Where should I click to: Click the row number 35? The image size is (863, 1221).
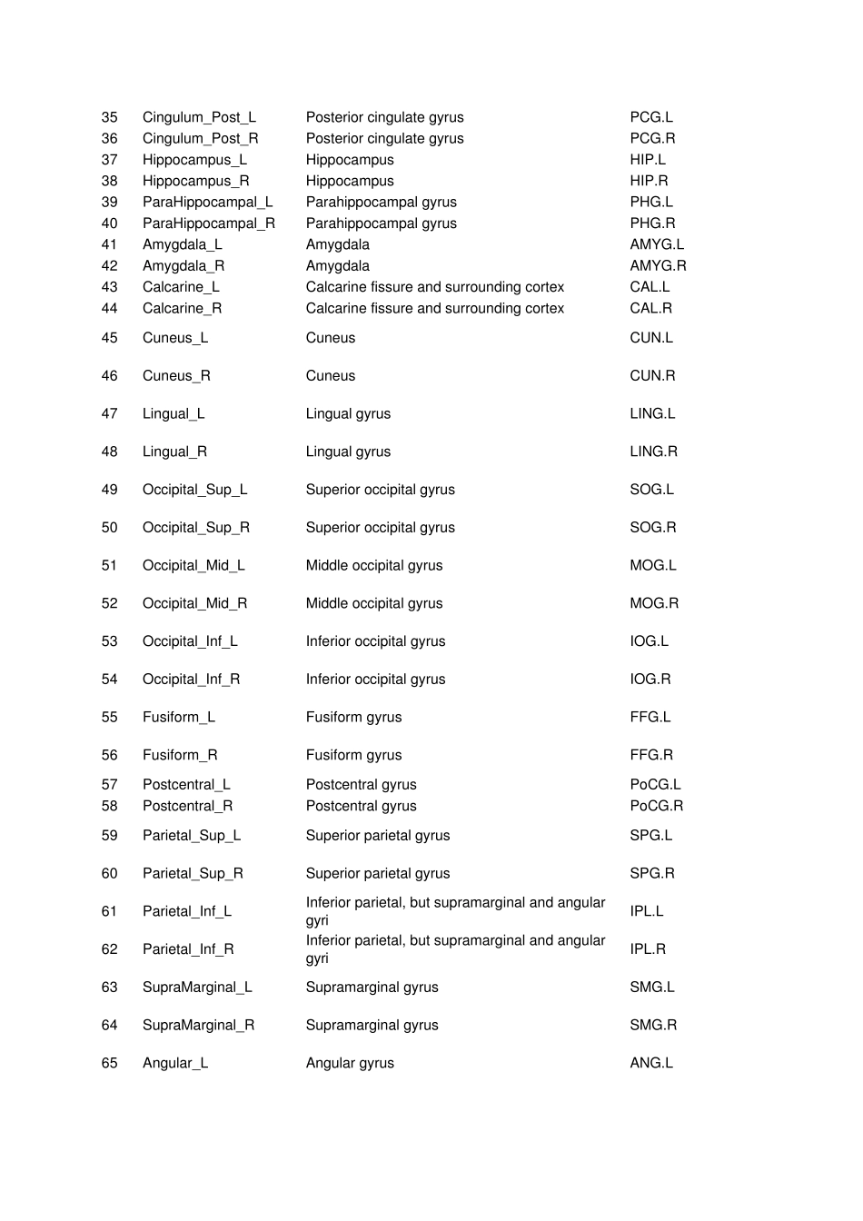pos(109,117)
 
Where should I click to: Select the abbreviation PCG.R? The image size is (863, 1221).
pos(652,138)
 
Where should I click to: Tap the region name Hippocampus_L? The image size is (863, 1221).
pos(194,160)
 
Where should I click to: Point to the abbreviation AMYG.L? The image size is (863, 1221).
pos(657,244)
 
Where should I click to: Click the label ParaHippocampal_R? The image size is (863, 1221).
pos(208,223)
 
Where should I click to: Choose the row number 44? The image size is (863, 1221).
pos(109,308)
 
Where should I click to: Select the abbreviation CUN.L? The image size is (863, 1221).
pos(651,338)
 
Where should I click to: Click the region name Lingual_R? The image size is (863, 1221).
pos(174,452)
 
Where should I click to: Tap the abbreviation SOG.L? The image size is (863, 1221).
pos(651,490)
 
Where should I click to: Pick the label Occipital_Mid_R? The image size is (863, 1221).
pos(194,603)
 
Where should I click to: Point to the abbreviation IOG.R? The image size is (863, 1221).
pos(650,680)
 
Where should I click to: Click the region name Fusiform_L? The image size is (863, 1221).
pos(178,717)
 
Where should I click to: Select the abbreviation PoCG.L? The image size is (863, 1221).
pos(655,785)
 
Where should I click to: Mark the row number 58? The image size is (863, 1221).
pos(109,806)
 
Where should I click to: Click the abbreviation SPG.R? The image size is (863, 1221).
pos(652,873)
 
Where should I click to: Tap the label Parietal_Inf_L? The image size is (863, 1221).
pos(186,911)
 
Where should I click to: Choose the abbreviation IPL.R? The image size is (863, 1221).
pos(648,949)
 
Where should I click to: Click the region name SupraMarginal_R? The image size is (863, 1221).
pos(198,1025)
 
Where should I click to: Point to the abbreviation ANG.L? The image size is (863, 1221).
pos(651,1063)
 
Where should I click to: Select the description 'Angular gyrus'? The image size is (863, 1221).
pos(350,1063)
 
